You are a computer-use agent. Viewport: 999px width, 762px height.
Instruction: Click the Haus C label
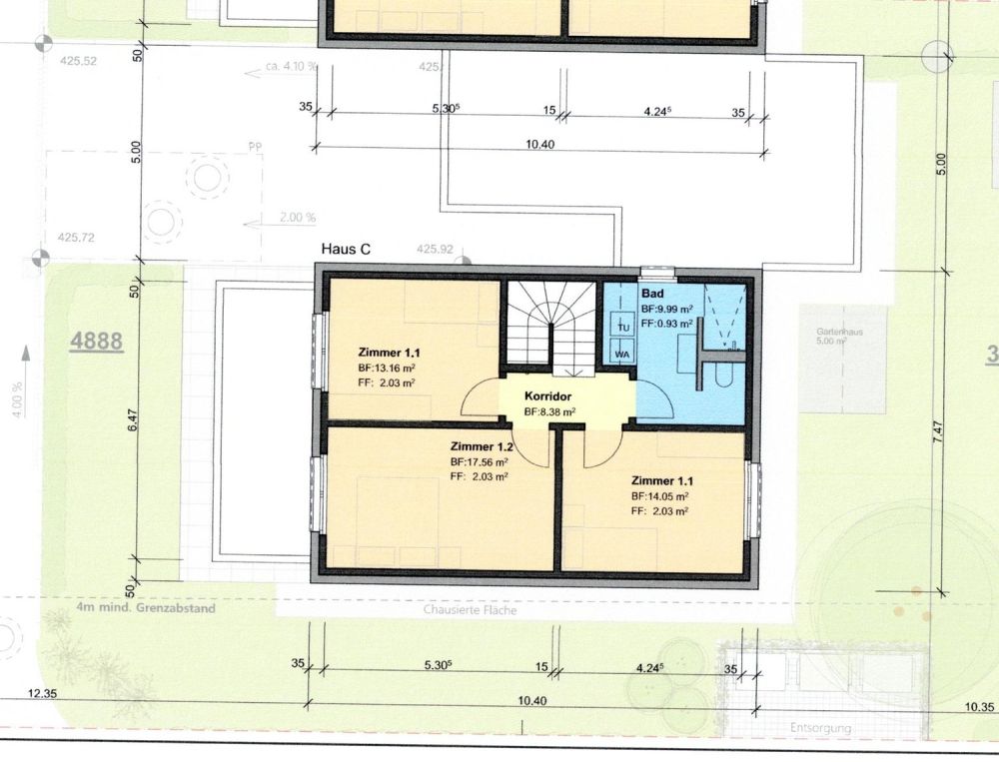346,249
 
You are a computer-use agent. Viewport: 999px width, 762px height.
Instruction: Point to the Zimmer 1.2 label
482,445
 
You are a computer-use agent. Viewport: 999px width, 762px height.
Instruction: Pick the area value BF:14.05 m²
659,495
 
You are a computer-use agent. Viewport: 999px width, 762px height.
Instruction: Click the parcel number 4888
96,342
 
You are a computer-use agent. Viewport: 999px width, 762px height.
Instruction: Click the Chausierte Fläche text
470,610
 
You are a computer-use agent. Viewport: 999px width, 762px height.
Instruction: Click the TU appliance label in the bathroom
621,328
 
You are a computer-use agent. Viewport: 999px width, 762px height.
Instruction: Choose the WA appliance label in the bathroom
621,354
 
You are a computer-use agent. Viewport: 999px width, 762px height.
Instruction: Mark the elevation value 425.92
435,249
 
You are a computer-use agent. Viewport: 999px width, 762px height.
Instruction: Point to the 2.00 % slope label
298,217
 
